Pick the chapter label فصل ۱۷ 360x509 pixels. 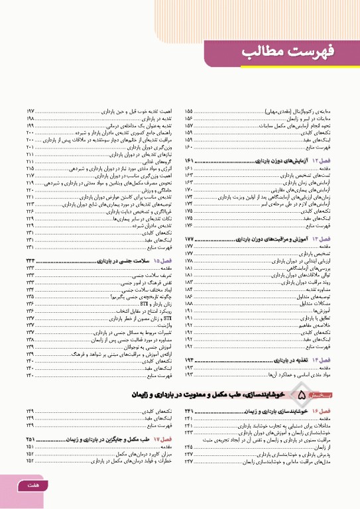(164, 439)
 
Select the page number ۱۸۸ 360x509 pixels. (189, 284)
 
